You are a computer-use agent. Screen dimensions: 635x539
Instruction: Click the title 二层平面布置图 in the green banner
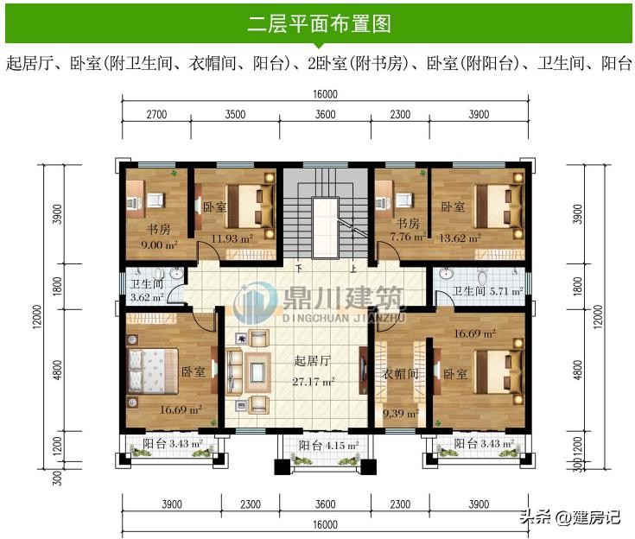319,23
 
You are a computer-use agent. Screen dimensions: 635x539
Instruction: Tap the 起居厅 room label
312,360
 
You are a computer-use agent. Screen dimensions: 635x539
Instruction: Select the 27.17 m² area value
314,382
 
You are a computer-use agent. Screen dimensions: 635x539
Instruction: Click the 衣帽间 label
400,373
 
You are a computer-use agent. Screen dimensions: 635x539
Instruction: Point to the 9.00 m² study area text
159,245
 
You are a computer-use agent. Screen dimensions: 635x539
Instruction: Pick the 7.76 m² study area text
408,237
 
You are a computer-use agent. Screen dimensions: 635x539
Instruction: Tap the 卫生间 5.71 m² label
487,291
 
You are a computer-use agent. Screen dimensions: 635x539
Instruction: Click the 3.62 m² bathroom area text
147,297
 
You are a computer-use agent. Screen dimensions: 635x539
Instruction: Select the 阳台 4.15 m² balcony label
329,446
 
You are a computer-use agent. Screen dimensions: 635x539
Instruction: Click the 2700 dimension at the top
156,114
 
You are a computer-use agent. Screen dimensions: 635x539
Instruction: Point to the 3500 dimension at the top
235,114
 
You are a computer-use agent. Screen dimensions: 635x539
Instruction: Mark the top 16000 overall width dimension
325,94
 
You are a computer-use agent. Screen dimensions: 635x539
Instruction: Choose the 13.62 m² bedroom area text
460,238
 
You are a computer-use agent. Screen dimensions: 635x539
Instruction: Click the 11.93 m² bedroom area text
232,238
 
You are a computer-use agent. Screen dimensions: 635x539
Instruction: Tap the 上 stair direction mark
353,269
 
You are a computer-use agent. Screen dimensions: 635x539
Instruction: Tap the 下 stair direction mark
299,268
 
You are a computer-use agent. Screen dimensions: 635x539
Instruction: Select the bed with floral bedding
153,371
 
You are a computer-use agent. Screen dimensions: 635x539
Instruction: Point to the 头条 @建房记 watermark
570,517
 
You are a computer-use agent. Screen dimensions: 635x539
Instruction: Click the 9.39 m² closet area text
401,414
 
